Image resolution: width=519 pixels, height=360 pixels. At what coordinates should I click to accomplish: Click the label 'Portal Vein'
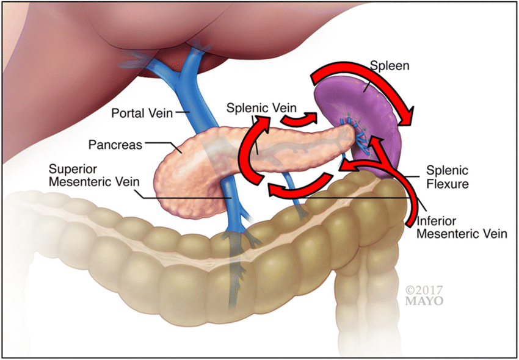[x=141, y=112]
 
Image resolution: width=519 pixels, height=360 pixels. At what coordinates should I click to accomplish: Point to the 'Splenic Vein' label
[x=256, y=107]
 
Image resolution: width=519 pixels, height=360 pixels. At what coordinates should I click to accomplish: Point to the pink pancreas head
[x=183, y=177]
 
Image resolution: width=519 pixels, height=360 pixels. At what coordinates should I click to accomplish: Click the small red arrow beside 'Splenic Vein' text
[x=302, y=118]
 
